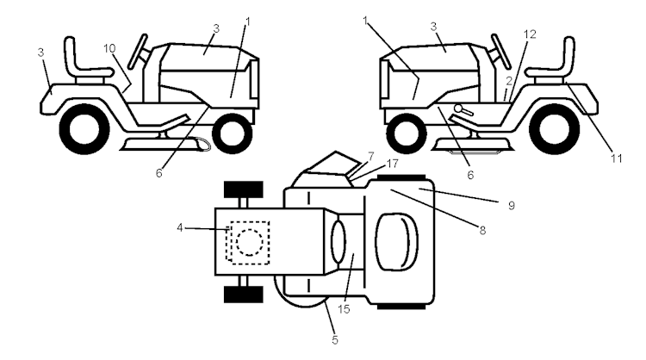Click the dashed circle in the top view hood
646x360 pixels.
point(249,242)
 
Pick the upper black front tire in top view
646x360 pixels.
point(242,189)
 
